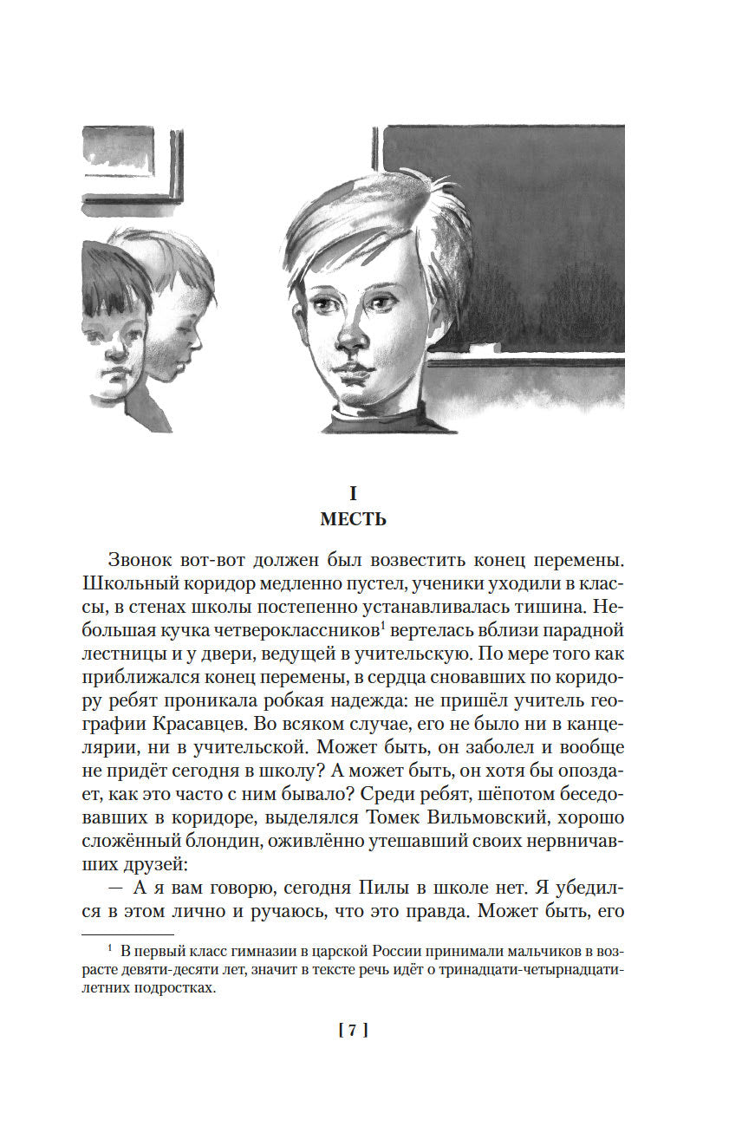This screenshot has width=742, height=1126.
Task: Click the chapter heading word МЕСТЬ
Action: click(x=353, y=520)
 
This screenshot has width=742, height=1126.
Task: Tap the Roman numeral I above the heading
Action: click(x=353, y=494)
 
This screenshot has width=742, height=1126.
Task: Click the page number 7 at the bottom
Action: click(x=353, y=1031)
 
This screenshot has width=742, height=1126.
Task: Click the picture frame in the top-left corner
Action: click(x=130, y=165)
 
